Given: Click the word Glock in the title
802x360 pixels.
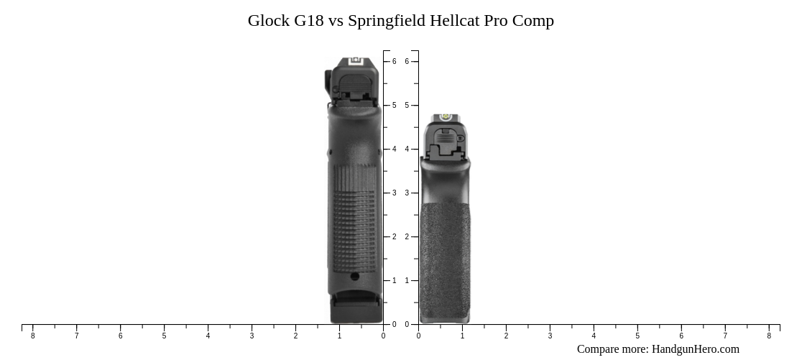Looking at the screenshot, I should [x=268, y=21].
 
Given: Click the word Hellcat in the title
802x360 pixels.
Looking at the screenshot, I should [x=454, y=21].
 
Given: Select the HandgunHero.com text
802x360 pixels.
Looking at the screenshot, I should [x=695, y=349].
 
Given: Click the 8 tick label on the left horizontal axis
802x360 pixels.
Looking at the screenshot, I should [x=32, y=336].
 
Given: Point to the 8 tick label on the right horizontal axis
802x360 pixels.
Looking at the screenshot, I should [x=769, y=336].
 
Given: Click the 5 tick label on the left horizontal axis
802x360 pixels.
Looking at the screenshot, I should [x=164, y=336].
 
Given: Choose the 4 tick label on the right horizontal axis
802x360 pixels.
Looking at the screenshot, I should [x=594, y=336].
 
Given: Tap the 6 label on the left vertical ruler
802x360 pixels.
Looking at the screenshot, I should [x=394, y=62].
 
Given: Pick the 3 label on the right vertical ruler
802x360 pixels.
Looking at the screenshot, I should [x=407, y=193].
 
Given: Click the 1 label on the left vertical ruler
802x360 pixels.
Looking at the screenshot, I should [x=394, y=281].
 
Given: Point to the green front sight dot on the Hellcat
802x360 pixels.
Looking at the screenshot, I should [x=445, y=117].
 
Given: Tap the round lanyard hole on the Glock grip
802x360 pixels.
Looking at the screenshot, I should [x=355, y=277].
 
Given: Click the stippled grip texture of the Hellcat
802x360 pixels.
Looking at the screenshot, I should [x=445, y=259].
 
